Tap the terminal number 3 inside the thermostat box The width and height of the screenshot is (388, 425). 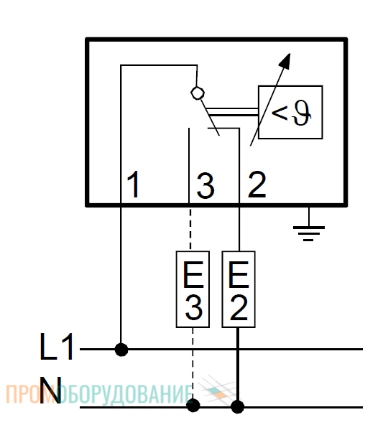[x=205, y=186]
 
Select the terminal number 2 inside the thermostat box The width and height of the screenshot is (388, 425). [x=257, y=185]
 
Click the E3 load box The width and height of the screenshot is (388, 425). [x=193, y=289]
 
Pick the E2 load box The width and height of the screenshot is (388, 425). [x=239, y=289]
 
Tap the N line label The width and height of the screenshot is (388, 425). [x=50, y=390]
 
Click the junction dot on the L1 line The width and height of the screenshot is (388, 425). [x=121, y=349]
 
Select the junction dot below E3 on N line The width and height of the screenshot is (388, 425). [x=193, y=405]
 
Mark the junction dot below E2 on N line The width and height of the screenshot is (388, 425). [x=237, y=406]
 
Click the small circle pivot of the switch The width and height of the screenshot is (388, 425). [x=198, y=93]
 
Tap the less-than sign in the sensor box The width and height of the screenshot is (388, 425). [x=280, y=113]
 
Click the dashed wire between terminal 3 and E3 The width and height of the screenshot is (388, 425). [x=190, y=228]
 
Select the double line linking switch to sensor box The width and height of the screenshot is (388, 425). [x=233, y=112]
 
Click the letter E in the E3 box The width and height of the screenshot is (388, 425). [x=193, y=274]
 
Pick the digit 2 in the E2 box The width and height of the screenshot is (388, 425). [x=239, y=307]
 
